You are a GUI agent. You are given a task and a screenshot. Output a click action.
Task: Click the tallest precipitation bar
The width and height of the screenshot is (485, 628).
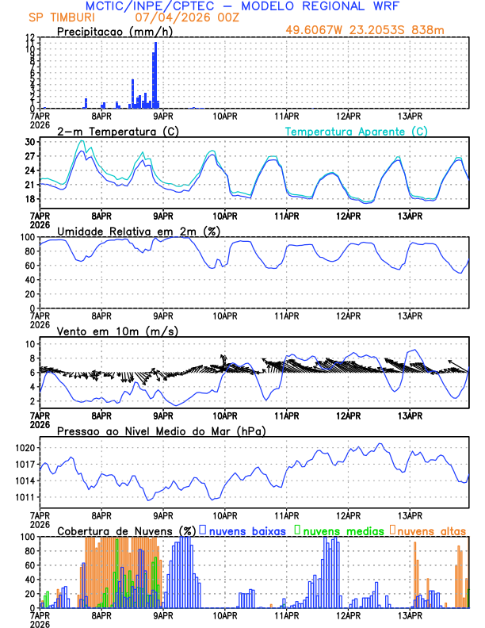pos(156,75)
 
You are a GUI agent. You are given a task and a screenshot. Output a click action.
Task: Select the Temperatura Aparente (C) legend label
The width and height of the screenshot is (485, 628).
pos(357,131)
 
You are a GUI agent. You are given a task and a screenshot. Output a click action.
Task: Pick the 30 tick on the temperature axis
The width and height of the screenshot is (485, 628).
pos(29,142)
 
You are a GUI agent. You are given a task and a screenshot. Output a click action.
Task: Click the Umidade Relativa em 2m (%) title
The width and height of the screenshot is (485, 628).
pos(139,231)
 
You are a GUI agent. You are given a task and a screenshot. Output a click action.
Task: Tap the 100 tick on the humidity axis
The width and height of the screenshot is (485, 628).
pos(26,237)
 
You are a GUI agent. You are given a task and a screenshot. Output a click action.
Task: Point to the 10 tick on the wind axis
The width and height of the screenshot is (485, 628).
pos(29,344)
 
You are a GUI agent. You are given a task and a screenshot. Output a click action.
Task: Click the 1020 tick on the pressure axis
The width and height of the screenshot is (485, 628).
pos(23,448)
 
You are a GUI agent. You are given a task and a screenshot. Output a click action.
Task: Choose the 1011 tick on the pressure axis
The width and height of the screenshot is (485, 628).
pos(23,497)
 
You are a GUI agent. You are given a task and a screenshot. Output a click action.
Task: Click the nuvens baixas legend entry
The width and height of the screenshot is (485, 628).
pos(247,530)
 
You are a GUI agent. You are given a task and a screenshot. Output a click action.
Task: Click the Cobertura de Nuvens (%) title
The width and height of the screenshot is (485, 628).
pos(126,530)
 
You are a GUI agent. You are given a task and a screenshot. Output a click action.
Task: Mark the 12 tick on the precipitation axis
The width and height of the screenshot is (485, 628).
pos(29,38)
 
